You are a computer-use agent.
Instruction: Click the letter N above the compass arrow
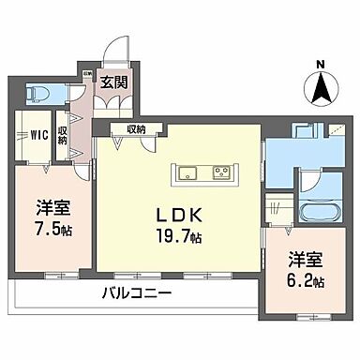[321, 65]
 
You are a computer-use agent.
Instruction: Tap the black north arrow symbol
[321, 90]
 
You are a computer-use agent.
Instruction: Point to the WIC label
[37, 134]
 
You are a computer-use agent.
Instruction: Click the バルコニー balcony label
[138, 292]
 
